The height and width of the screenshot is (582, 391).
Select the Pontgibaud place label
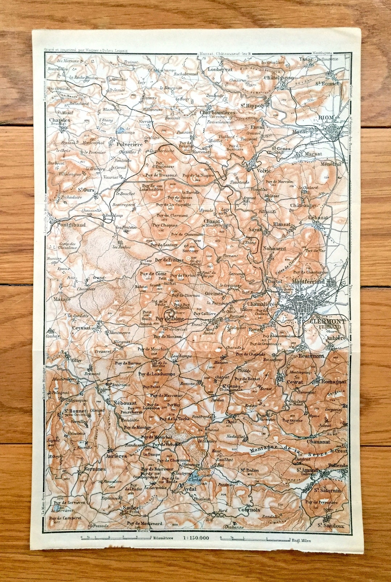point(71,225)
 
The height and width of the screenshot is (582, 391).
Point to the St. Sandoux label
point(330,525)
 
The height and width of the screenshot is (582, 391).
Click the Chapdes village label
point(60,120)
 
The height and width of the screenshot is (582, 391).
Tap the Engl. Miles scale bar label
point(301,540)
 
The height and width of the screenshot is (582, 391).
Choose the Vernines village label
point(95,469)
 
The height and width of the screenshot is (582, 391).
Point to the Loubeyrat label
point(220,69)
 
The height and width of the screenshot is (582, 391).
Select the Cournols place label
point(249,509)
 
